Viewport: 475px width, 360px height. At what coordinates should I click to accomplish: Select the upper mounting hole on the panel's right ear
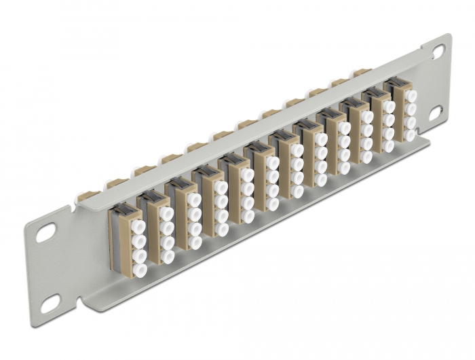[438, 51]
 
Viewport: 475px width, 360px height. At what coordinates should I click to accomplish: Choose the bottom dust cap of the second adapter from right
[389, 145]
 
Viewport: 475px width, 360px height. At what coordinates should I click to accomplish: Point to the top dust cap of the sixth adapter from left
[272, 163]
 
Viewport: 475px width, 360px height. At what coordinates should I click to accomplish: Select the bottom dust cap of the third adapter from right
[367, 156]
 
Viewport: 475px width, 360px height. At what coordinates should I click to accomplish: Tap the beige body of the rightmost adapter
[398, 112]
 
